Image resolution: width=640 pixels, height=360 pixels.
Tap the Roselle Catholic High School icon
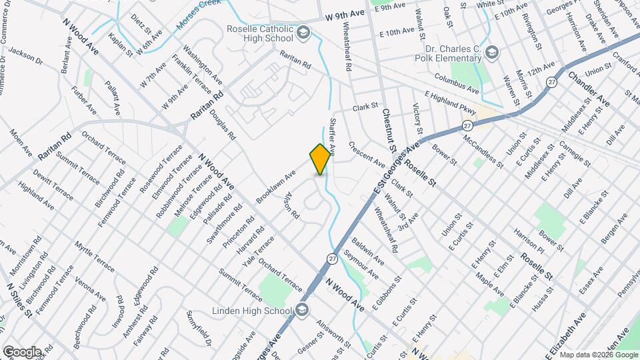303,33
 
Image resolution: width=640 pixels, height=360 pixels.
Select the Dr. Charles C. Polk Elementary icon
492,52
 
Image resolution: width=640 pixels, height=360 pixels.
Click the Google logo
21,351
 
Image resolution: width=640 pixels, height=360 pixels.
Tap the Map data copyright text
597,354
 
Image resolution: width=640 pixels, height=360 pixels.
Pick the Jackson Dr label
25,55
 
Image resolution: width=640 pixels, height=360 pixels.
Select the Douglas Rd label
223,124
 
